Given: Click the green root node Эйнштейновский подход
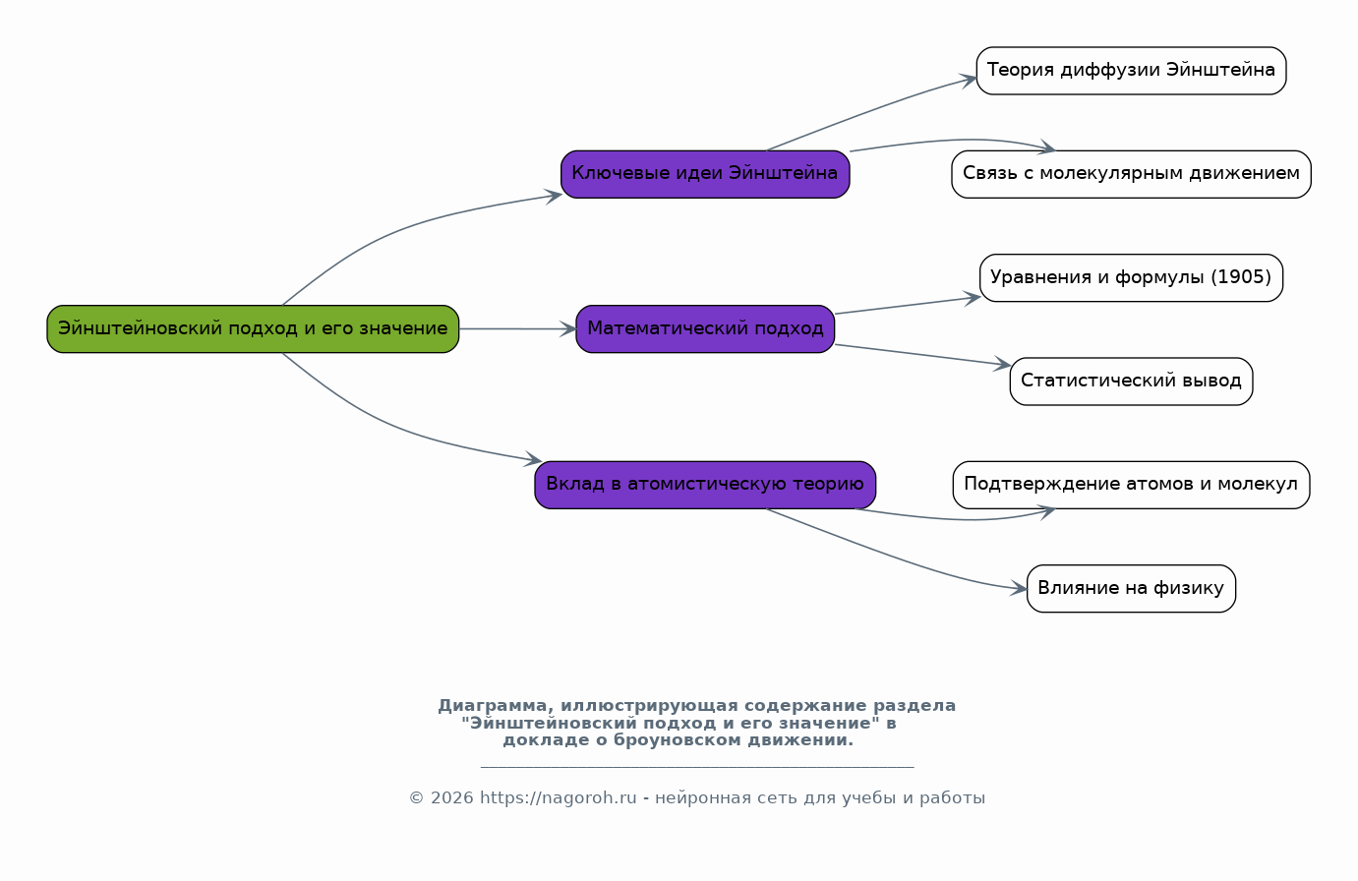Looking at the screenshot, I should point(253,328).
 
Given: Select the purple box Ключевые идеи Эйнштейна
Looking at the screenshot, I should point(705,174).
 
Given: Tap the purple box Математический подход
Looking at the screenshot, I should point(705,328).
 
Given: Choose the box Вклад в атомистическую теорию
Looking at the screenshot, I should point(705,484).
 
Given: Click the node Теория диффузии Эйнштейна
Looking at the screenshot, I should point(1131,71).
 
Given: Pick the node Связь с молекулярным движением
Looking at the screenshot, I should point(1131,174).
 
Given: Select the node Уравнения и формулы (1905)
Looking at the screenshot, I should point(1131,277).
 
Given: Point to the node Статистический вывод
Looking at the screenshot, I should point(1131,381).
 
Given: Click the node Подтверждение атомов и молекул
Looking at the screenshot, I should point(1131,484).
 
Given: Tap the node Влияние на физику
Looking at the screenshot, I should point(1131,588).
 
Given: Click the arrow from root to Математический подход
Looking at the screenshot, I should point(517,328).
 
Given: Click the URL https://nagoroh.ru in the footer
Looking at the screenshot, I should point(558,798).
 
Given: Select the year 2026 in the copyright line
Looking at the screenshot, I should point(451,798).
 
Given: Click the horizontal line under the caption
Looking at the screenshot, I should point(697,766).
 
